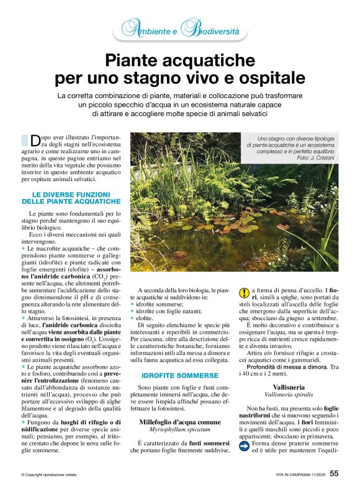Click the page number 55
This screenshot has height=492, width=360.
[x=334, y=474]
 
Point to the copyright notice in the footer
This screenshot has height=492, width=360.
[x=48, y=475]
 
